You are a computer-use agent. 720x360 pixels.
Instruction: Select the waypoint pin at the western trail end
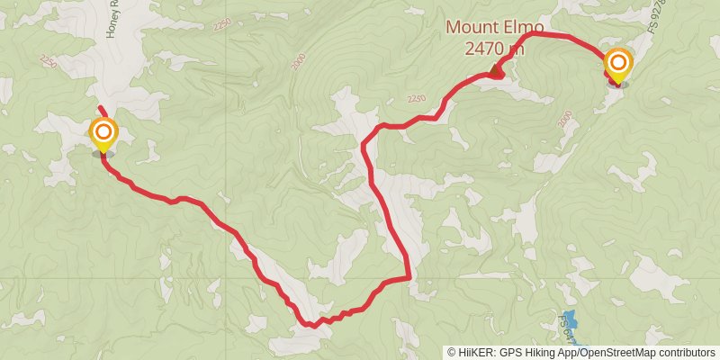click(103, 136)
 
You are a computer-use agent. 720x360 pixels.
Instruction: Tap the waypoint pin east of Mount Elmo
click(618, 65)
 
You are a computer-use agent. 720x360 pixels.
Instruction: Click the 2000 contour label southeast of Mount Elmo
click(564, 118)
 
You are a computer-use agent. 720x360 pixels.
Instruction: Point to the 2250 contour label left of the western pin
click(48, 60)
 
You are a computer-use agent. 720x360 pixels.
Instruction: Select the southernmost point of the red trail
click(310, 325)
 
